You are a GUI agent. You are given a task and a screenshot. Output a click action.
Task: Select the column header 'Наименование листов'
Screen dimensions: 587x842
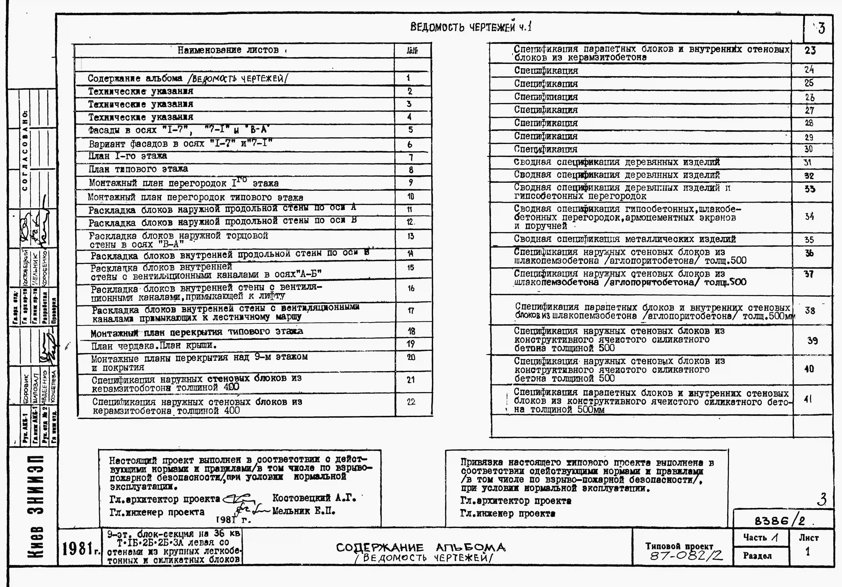[228, 50]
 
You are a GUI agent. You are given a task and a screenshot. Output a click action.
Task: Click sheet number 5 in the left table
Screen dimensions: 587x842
[410, 130]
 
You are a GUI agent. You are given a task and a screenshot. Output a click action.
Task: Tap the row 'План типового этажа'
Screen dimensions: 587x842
[138, 169]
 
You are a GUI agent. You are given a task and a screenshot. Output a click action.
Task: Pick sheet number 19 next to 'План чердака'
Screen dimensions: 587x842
[411, 344]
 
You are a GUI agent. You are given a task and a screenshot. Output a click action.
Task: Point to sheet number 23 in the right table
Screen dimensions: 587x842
[810, 50]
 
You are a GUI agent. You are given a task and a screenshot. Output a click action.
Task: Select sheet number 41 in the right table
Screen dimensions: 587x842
[808, 399]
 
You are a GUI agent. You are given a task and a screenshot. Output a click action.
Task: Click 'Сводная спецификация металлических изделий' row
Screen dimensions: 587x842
[624, 239]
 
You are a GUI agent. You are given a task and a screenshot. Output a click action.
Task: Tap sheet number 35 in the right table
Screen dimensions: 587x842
[809, 240]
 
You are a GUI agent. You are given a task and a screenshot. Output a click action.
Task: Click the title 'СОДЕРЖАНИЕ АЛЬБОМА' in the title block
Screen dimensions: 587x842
[421, 548]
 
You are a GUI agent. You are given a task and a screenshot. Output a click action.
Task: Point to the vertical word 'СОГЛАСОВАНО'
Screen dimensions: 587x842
[25, 150]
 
